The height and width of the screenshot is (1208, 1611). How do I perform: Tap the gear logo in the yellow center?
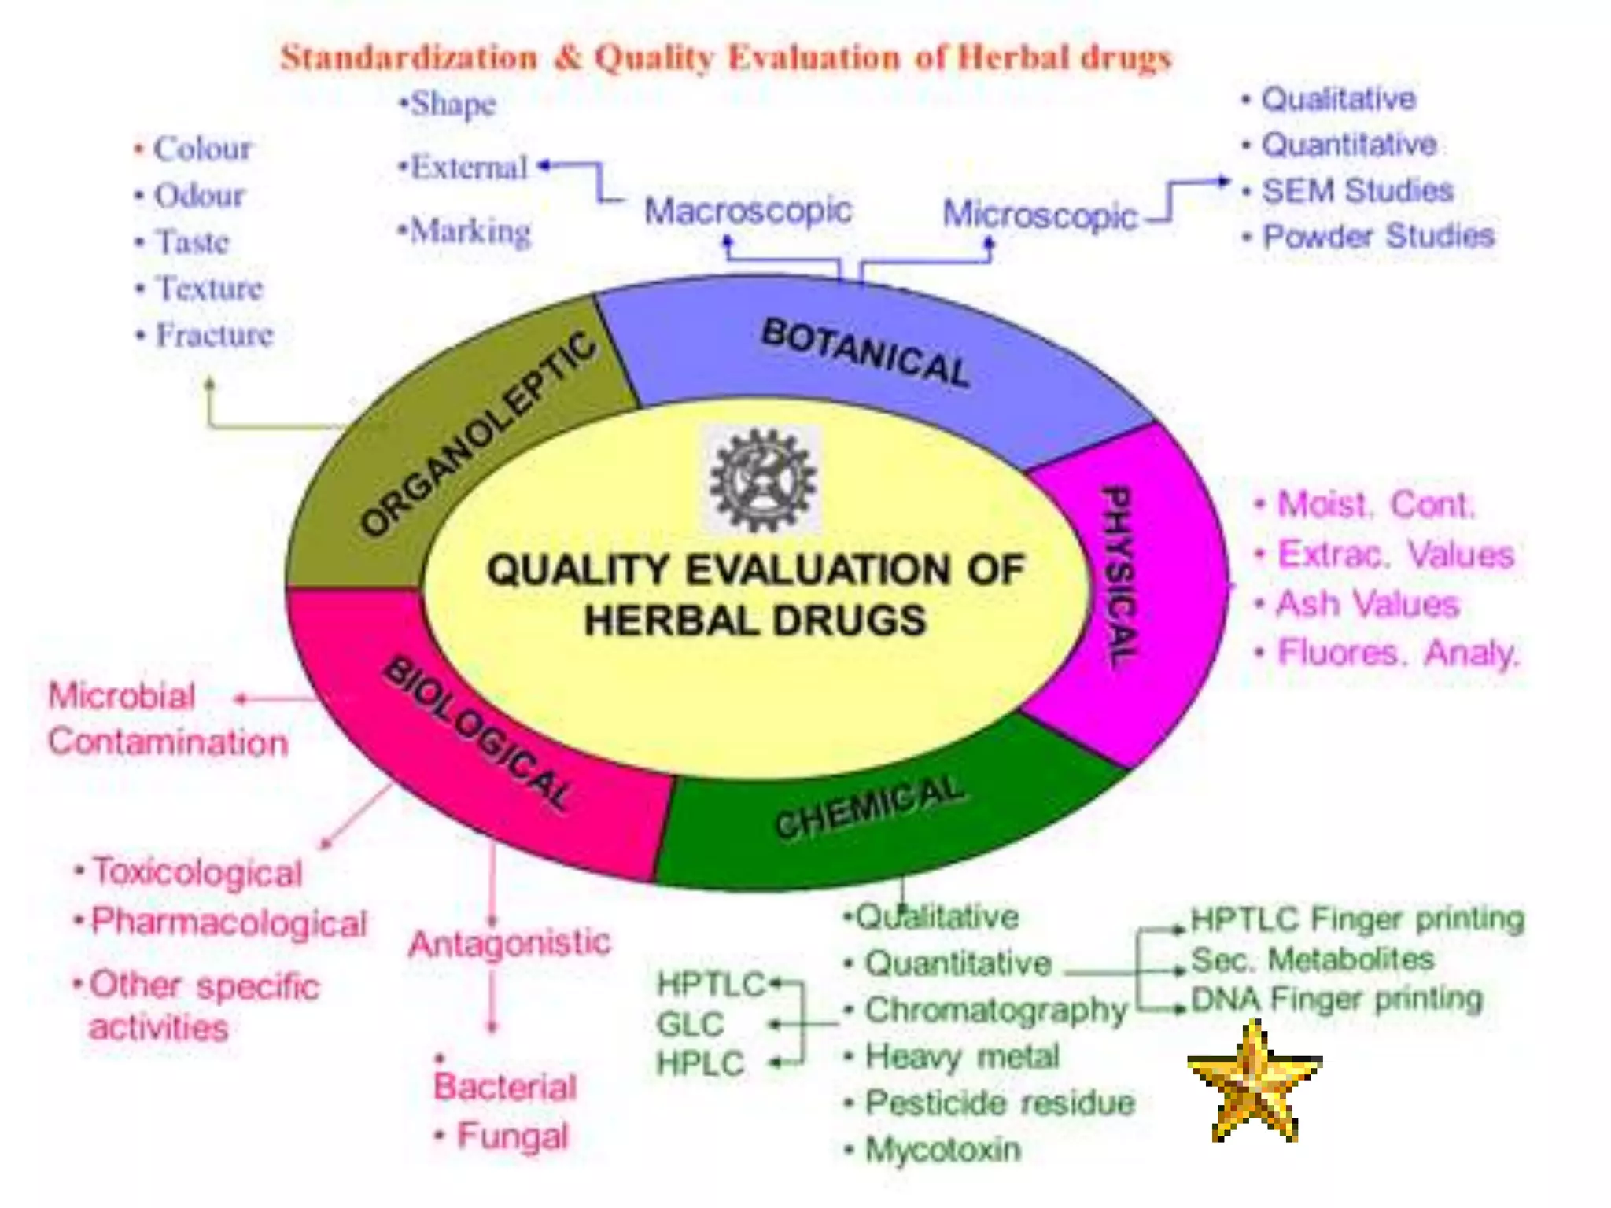pos(761,479)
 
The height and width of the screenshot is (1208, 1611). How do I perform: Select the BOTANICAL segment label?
pos(865,352)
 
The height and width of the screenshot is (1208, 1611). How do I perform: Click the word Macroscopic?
pos(748,211)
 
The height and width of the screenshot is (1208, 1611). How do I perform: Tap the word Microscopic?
pos(1040,215)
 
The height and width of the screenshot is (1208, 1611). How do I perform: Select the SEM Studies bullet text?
pos(1357,190)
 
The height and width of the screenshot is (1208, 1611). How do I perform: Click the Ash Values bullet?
pos(1367,604)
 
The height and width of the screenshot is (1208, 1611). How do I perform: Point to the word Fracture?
pos(214,335)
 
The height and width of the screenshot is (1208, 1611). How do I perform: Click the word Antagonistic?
pos(510,942)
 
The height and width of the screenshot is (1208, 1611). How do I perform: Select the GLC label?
pos(690,1024)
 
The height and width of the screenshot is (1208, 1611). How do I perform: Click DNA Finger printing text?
pos(1336,999)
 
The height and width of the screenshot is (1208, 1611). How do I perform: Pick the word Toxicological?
pos(197,872)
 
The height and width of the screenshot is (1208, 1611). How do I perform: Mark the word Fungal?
pos(512,1136)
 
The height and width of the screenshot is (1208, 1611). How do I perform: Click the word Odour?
pos(199,196)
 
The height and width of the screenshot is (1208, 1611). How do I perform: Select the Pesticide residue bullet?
pos(1000,1103)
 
